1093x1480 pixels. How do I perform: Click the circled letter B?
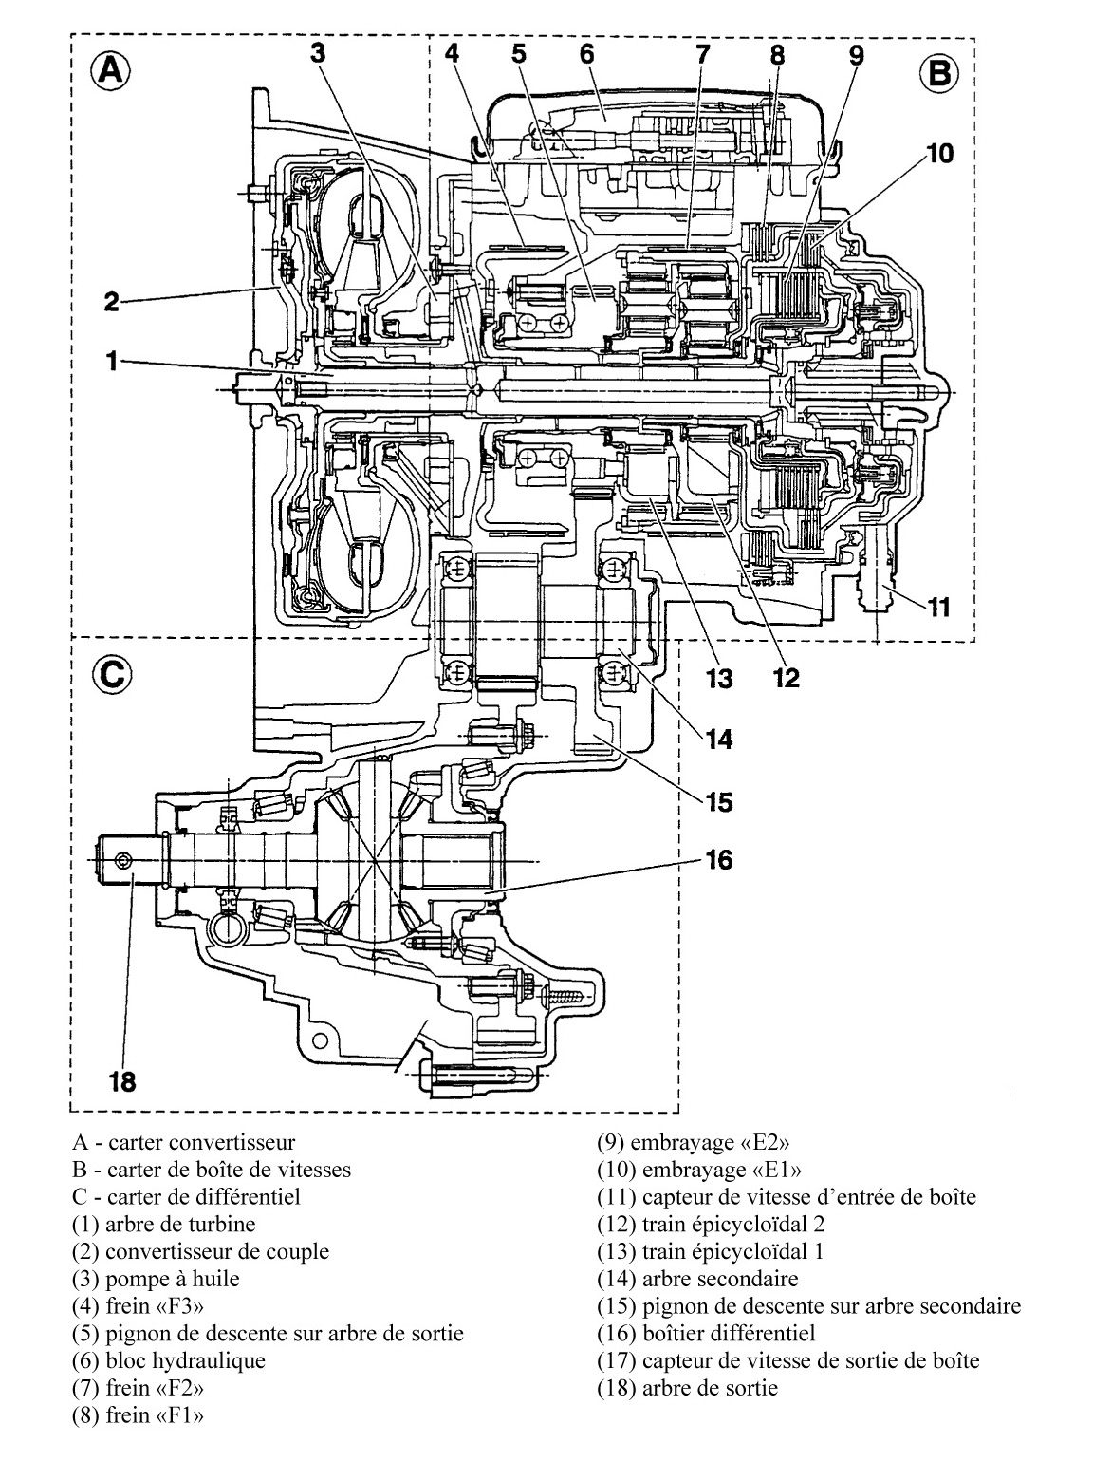click(x=940, y=73)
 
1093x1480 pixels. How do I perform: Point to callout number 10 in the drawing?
click(x=939, y=153)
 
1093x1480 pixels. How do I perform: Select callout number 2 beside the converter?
click(x=112, y=303)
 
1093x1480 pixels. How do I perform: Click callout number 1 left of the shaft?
click(x=112, y=362)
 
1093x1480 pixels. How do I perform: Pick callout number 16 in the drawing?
click(x=719, y=859)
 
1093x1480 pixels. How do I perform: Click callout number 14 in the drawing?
click(x=719, y=738)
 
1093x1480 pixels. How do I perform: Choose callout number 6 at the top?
click(x=586, y=53)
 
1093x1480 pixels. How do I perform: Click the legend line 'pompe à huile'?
click(x=156, y=1279)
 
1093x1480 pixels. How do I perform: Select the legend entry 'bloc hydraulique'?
click(x=168, y=1360)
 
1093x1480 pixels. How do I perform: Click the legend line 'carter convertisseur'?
click(x=183, y=1142)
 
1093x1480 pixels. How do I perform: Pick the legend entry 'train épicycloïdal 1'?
click(x=711, y=1251)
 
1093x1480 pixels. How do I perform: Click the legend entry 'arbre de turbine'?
click(x=163, y=1224)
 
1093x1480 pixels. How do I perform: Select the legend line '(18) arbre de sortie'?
click(x=687, y=1388)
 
